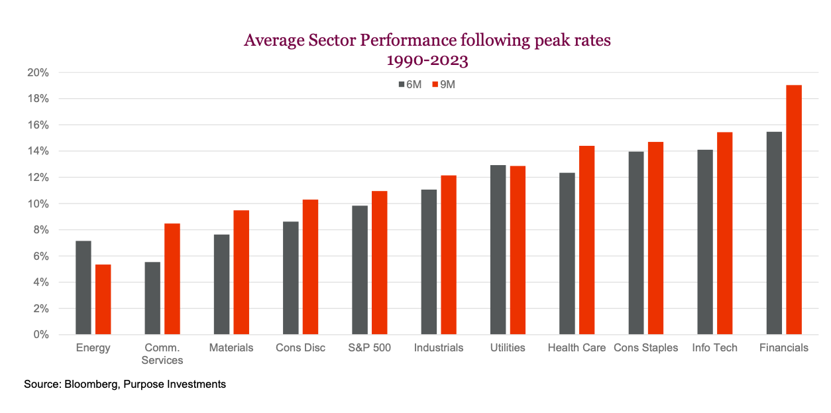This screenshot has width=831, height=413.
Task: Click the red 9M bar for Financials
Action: pyautogui.click(x=794, y=209)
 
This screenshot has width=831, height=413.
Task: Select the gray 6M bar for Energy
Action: pyautogui.click(x=83, y=288)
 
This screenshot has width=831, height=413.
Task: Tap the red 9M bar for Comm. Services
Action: pyautogui.click(x=172, y=278)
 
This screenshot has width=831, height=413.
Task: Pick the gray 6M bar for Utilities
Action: pyautogui.click(x=498, y=250)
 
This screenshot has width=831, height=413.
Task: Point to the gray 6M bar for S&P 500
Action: pyautogui.click(x=360, y=270)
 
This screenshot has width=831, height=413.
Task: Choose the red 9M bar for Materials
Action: pyautogui.click(x=241, y=272)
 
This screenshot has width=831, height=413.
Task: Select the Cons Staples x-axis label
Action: pyautogui.click(x=645, y=348)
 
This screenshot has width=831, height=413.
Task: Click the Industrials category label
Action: pyautogui.click(x=439, y=348)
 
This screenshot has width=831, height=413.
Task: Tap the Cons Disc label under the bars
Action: pyautogui.click(x=301, y=348)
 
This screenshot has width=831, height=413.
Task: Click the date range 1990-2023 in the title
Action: pyautogui.click(x=427, y=61)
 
